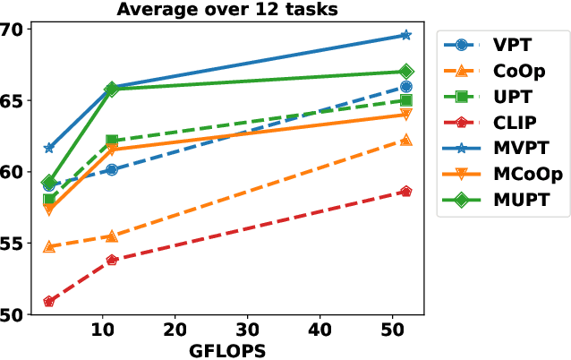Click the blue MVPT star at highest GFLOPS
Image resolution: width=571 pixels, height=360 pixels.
(x=405, y=35)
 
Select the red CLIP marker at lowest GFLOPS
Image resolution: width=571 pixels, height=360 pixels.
(x=49, y=302)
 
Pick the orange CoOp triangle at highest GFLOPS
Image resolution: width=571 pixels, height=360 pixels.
(x=405, y=140)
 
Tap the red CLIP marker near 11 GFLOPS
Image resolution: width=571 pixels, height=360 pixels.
(x=112, y=260)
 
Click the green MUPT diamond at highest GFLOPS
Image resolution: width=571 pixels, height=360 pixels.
(x=405, y=72)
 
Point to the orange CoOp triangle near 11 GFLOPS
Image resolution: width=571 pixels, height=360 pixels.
(x=112, y=236)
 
